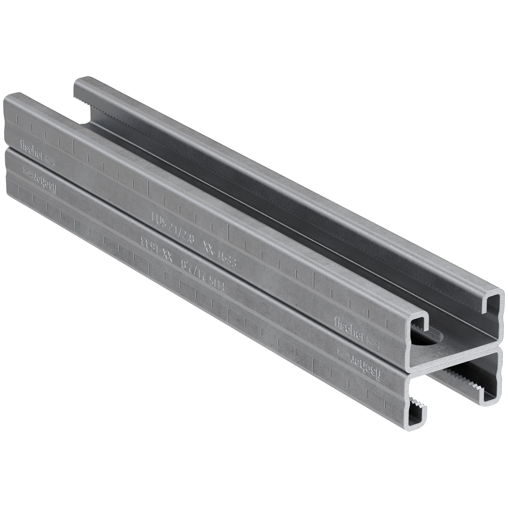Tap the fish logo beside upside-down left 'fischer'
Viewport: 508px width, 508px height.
(x=27, y=171)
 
